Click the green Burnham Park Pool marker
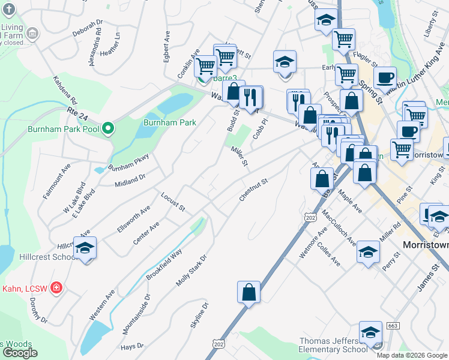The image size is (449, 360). pyautogui.click(x=108, y=128)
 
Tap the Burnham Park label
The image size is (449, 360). pyautogui.click(x=170, y=122)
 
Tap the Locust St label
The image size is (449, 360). pyautogui.click(x=172, y=201)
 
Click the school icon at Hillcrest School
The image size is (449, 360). pyautogui.click(x=85, y=248)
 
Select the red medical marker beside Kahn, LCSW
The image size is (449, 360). pyautogui.click(x=56, y=288)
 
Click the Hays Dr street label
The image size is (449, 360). pyautogui.click(x=132, y=346)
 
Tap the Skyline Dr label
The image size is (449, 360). pyautogui.click(x=199, y=315)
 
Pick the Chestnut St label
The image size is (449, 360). pyautogui.click(x=252, y=190)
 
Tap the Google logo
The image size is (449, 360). pyautogui.click(x=20, y=352)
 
